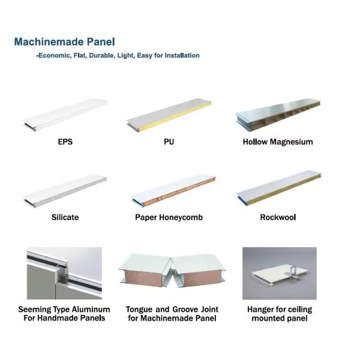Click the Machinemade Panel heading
point(65,42)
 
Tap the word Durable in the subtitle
point(101,56)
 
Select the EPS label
point(65,142)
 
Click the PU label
point(169,142)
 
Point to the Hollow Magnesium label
point(278,142)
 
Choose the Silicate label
point(65,217)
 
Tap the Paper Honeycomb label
point(169,217)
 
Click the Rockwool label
point(278,217)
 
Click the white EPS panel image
point(65,115)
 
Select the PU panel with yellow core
point(169,115)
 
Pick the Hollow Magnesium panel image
point(278,115)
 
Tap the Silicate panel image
point(65,192)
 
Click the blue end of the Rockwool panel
point(241,200)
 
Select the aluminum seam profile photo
point(64,273)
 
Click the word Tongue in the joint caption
point(139,310)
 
